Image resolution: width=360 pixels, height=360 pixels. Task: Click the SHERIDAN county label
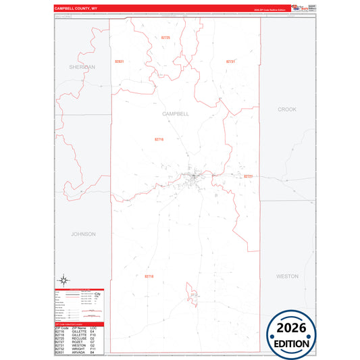[x=82, y=68]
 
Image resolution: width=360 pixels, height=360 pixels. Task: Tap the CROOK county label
[x=287, y=109]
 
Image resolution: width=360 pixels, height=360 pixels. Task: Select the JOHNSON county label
[x=84, y=234]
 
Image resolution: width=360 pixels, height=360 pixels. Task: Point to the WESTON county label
[x=287, y=276]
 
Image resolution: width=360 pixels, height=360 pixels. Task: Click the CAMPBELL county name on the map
[x=176, y=114]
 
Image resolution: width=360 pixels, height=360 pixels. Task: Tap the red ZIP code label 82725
[x=166, y=37]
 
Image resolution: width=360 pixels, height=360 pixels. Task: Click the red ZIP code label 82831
[x=120, y=61]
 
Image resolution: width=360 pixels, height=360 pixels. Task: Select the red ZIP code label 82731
[x=230, y=61]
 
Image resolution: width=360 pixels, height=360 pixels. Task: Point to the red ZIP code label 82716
[x=159, y=139]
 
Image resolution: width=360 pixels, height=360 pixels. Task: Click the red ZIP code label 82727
[x=248, y=176]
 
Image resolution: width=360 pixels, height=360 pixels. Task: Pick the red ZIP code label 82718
[x=149, y=276]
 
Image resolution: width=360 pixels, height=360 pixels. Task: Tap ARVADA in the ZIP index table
[x=78, y=352]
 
